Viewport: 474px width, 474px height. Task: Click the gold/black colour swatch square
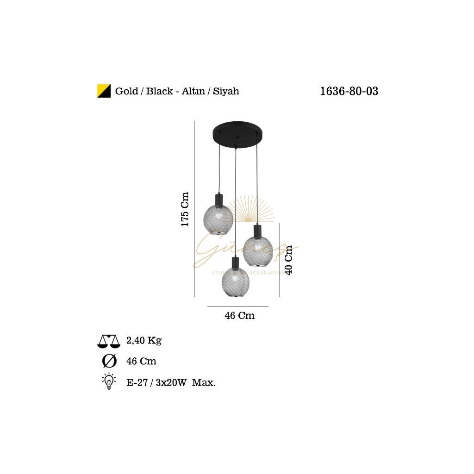[103, 91]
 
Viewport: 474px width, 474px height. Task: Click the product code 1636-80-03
[349, 91]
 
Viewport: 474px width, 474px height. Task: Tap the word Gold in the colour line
[126, 91]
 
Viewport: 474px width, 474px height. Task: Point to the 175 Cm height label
[185, 209]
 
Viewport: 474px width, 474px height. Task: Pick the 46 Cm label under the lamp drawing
[239, 316]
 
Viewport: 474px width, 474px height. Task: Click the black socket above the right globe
[257, 230]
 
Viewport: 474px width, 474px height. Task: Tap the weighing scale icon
[109, 341]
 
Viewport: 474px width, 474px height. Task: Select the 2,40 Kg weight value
[143, 341]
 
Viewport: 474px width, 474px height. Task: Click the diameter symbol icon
[109, 361]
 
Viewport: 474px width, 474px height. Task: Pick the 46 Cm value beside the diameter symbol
[141, 361]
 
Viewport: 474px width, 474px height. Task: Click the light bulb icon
[109, 381]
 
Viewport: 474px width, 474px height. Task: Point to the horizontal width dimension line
[237, 306]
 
